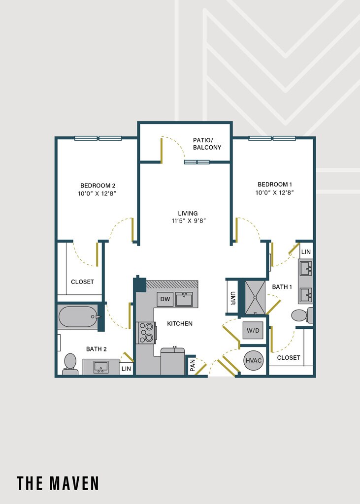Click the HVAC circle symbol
tap(253, 360)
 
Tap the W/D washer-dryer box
tap(253, 330)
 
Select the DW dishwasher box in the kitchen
tap(165, 299)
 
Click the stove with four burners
tap(146, 333)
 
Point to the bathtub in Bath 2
tap(78, 316)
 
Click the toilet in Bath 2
tap(70, 364)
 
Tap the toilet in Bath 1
tap(302, 315)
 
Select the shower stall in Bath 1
tap(255, 298)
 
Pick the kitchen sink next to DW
tap(184, 299)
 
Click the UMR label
tap(232, 298)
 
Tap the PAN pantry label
tap(193, 365)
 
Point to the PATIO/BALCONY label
tap(207, 144)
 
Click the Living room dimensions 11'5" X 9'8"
tap(189, 221)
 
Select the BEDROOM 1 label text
tap(275, 184)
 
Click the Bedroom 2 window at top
tap(98, 138)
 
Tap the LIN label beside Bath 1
tap(306, 252)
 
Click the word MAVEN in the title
tap(74, 483)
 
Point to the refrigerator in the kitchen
tap(173, 361)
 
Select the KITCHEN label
tap(180, 324)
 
